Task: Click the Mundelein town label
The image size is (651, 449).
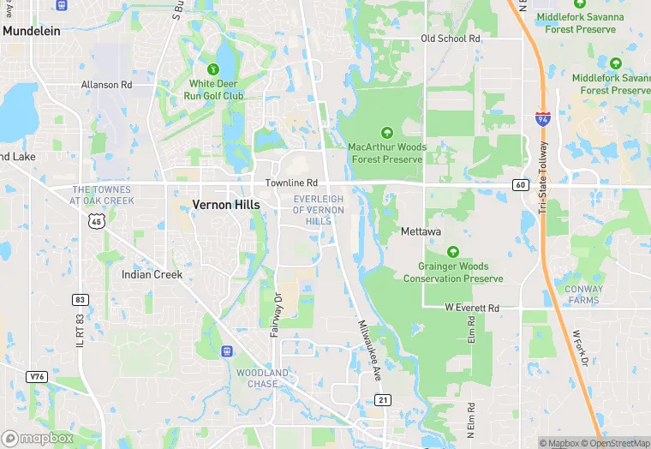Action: (32, 30)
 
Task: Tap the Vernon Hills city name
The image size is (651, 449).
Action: (225, 205)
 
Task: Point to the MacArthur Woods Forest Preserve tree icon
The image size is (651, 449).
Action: (385, 132)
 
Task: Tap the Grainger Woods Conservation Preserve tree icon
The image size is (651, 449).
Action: (452, 252)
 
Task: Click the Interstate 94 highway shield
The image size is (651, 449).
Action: (542, 119)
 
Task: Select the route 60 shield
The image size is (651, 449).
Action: (521, 184)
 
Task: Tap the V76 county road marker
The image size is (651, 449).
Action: (36, 376)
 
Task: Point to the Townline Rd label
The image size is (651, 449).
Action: (291, 183)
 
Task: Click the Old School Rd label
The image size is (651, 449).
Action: (451, 39)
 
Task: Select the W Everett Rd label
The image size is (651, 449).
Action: (472, 308)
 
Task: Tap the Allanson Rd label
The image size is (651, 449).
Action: (106, 85)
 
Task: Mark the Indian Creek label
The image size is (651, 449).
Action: (152, 275)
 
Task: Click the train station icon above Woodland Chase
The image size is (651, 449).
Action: (227, 350)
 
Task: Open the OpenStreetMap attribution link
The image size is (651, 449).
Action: (615, 443)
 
